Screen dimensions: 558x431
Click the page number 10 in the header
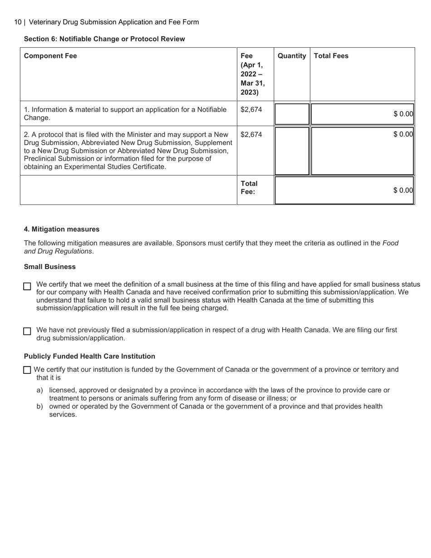coord(18,22)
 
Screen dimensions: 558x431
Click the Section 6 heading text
coord(104,39)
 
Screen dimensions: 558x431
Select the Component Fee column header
coord(50,56)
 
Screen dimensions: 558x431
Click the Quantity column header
coord(292,56)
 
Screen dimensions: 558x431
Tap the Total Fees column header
coord(331,56)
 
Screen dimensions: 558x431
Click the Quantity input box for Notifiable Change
coord(292,114)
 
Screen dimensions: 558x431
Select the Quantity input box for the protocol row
coord(292,151)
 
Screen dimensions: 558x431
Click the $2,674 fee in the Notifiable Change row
coord(251,110)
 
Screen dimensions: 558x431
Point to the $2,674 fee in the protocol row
coord(251,135)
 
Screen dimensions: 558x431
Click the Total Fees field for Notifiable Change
coord(362,114)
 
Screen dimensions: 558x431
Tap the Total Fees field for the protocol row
coord(362,151)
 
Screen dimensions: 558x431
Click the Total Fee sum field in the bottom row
coord(344,191)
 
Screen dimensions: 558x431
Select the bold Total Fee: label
coord(249,188)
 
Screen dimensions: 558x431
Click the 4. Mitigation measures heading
coord(62,230)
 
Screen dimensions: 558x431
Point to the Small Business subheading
coord(50,267)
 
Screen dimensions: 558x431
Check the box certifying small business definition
coord(27,286)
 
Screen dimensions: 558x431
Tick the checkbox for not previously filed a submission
coord(27,331)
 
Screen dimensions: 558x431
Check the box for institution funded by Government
coord(27,370)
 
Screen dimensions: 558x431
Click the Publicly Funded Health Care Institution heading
coord(89,357)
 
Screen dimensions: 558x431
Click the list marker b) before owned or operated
coord(39,406)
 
